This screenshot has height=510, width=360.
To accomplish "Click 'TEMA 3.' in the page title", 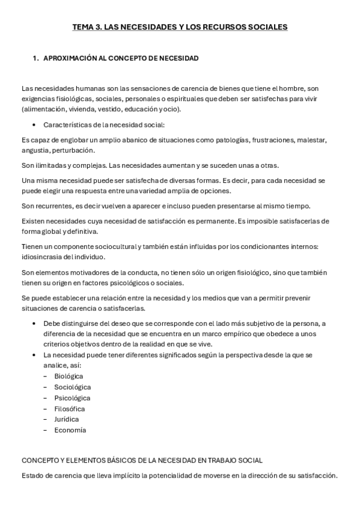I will [x=87, y=27].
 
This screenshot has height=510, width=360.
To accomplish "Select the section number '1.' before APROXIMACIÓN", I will [x=35, y=58].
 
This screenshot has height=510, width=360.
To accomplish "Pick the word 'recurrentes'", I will [x=53, y=206].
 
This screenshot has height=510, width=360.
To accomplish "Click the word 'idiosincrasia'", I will [x=41, y=257].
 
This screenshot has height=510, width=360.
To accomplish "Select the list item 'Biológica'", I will [x=69, y=375].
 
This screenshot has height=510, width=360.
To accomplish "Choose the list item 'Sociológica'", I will [x=73, y=387].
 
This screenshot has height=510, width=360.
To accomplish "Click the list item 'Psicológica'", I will [x=72, y=398].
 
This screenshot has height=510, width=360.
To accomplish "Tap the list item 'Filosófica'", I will [x=69, y=408].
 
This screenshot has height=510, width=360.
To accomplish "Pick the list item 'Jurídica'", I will [x=66, y=419].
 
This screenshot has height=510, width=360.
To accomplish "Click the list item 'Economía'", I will [x=70, y=430].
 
